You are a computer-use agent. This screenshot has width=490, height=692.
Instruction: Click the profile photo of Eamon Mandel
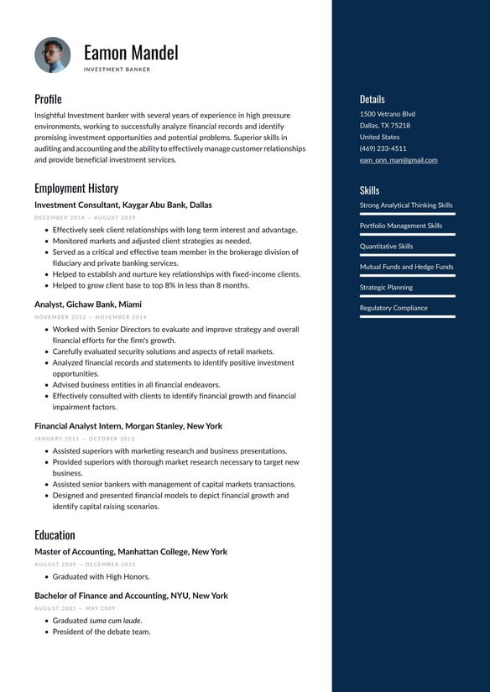53,55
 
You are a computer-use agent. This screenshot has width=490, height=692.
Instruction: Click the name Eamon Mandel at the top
131,52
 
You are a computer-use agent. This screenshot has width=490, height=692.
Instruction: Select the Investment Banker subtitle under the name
117,70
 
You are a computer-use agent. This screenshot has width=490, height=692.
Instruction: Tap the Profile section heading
48,99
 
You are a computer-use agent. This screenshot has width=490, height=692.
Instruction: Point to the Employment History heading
76,188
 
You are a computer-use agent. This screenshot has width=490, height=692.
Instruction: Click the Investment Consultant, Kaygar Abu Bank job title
123,205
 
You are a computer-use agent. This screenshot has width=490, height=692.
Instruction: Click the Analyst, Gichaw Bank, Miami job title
88,304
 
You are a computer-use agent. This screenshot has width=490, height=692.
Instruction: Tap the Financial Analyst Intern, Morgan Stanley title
128,426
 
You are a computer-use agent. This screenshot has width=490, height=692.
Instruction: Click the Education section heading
55,534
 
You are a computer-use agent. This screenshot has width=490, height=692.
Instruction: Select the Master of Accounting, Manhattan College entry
131,552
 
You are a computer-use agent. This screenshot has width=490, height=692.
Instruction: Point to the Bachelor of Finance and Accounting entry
131,596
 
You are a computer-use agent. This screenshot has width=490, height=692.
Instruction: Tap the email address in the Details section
399,160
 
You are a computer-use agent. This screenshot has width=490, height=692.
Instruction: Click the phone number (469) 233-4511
383,148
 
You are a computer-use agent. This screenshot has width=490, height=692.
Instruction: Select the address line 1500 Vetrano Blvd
387,114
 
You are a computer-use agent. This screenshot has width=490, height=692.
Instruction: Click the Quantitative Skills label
386,247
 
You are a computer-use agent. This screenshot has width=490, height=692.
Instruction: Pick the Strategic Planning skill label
386,288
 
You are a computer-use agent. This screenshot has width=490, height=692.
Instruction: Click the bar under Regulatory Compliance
407,316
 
